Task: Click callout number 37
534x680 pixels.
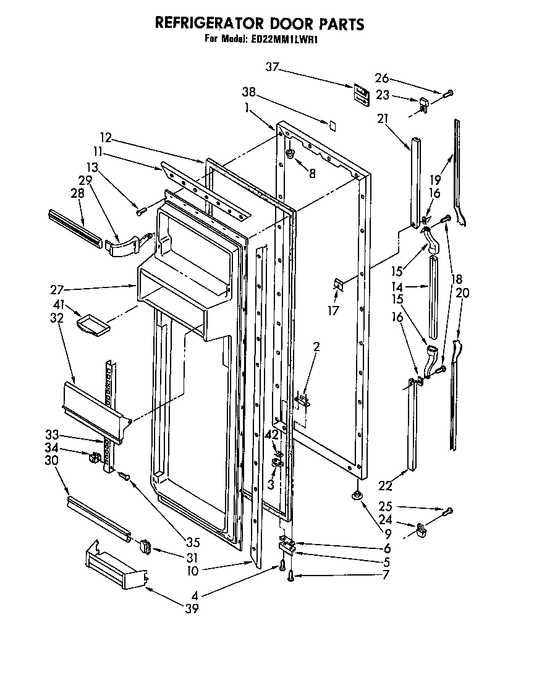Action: click(273, 67)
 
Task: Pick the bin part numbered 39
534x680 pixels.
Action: click(115, 566)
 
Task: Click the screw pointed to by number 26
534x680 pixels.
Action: click(449, 93)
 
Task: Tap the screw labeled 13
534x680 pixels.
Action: click(140, 212)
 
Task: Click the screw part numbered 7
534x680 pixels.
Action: click(290, 577)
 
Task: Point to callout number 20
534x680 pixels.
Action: click(462, 293)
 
